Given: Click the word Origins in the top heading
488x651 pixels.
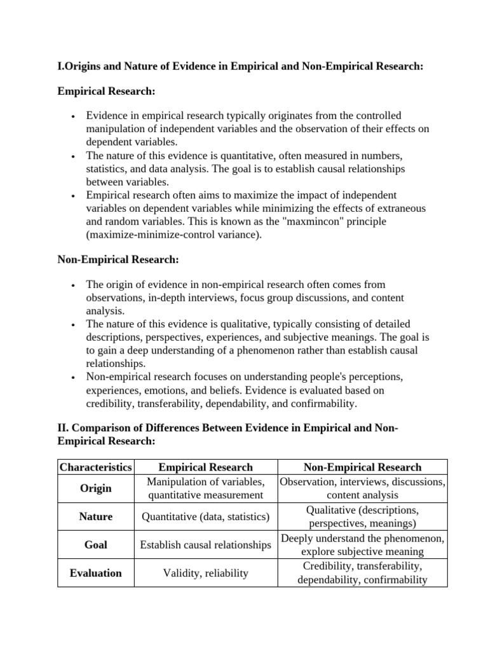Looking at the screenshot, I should (x=85, y=67).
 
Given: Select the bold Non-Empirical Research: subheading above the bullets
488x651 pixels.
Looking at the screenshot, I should (x=118, y=259).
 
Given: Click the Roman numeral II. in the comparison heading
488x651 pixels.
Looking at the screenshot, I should (x=64, y=428).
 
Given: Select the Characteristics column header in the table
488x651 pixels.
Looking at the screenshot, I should (x=96, y=467).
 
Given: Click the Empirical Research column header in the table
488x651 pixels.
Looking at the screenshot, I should (x=205, y=467).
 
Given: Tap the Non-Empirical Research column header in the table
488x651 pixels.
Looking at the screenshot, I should (x=363, y=467).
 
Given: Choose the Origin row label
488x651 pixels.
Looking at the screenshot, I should (x=96, y=488).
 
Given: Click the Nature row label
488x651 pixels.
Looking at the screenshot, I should (x=96, y=517).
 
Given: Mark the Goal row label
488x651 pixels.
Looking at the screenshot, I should (x=96, y=545).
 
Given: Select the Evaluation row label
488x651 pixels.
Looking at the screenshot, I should (x=96, y=573).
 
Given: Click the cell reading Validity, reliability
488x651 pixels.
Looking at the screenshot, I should (x=205, y=573).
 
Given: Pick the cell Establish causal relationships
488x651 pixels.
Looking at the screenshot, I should (x=205, y=545).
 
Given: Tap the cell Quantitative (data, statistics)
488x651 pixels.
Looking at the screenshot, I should (x=205, y=517).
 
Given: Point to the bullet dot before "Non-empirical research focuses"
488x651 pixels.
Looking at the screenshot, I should (x=74, y=378).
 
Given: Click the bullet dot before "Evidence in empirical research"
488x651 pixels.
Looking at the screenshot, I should (x=74, y=117).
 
